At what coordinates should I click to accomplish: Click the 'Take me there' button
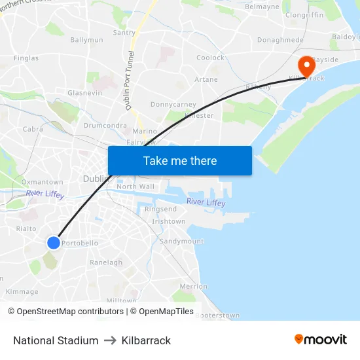[180, 160]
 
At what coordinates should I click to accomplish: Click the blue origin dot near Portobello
[54, 243]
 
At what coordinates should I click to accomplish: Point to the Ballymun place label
[86, 40]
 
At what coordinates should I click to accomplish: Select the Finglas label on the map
[26, 58]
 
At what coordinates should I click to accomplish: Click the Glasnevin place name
[84, 93]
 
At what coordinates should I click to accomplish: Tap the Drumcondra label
[105, 125]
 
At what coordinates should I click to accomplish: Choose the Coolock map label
[211, 58]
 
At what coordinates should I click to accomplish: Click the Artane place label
[206, 80]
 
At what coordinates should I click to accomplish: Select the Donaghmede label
[280, 40]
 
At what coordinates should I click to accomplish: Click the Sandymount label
[181, 242]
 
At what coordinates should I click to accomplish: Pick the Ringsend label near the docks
[160, 209]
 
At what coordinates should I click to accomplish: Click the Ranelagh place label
[106, 262]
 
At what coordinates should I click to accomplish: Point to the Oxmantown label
[43, 182]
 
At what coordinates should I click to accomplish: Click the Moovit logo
[321, 340]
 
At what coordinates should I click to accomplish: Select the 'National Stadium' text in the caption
[56, 340]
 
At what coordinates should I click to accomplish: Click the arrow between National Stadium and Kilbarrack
[110, 340]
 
